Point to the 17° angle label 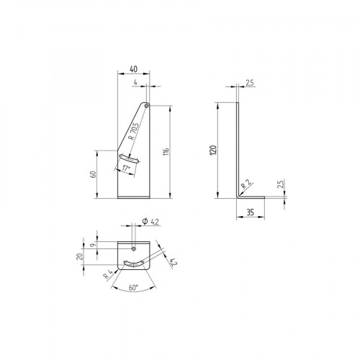point(127,168)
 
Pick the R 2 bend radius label point(246,185)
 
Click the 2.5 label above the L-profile point(249,82)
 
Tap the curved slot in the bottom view point(134,264)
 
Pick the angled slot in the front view point(130,158)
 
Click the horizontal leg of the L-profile point(252,196)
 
